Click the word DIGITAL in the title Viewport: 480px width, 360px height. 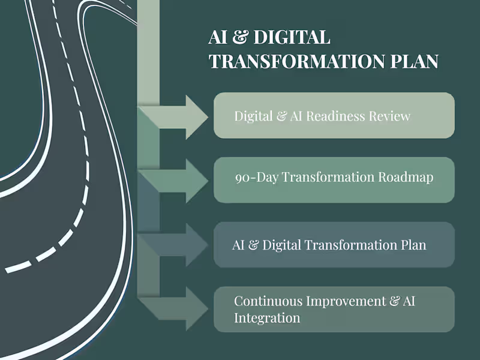pos(292,37)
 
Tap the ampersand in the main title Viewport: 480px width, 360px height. pos(239,37)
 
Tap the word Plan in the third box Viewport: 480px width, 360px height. pos(413,245)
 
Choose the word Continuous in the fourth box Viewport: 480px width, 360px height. pos(268,301)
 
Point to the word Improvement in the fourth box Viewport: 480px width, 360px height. pos(347,301)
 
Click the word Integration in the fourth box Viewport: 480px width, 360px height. pos(267,318)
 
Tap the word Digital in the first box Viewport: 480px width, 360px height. pos(253,116)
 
